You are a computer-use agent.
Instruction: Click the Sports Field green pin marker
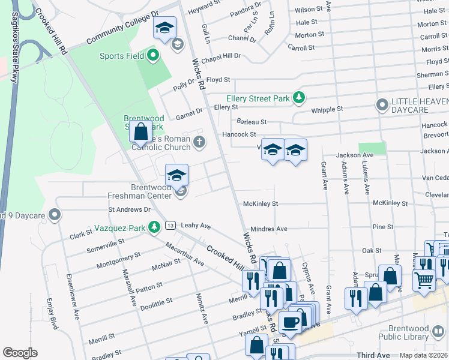(x=152, y=56)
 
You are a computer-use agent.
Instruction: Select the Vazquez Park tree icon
(x=155, y=227)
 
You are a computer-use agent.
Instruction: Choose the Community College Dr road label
(x=122, y=28)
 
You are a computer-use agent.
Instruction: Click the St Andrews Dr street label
(x=129, y=209)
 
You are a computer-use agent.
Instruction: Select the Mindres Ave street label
(x=269, y=229)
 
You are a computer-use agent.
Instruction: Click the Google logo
(x=20, y=352)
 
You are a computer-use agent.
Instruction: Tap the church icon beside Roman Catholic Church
(x=199, y=142)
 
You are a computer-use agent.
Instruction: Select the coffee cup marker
(x=291, y=322)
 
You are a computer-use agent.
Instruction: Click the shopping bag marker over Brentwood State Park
(x=141, y=131)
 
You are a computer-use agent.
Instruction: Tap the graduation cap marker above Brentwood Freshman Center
(x=176, y=175)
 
